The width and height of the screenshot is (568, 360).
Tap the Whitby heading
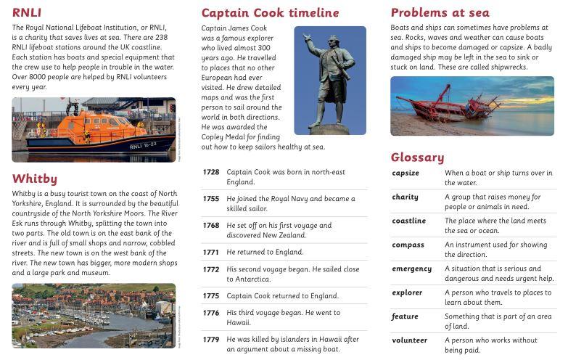pyautogui.click(x=34, y=179)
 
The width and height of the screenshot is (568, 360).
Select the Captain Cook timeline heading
pyautogui.click(x=270, y=12)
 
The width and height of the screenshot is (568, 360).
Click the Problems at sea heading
pyautogui.click(x=440, y=12)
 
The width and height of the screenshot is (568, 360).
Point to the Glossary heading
pyautogui.click(x=417, y=157)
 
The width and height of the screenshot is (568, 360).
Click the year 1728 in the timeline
pyautogui.click(x=210, y=172)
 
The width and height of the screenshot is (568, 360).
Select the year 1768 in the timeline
pyautogui.click(x=210, y=225)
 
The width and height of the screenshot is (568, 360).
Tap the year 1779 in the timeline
pyautogui.click(x=210, y=339)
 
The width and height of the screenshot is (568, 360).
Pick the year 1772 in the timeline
pyautogui.click(x=210, y=269)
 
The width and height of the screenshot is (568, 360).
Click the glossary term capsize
pyautogui.click(x=406, y=173)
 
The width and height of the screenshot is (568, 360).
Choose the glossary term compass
pyautogui.click(x=408, y=245)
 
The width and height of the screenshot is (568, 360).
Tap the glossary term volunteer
pyautogui.click(x=410, y=340)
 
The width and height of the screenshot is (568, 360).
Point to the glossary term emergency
pyautogui.click(x=411, y=269)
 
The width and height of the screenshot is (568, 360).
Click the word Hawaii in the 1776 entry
pyautogui.click(x=237, y=322)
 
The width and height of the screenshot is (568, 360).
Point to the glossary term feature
pyautogui.click(x=405, y=316)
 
